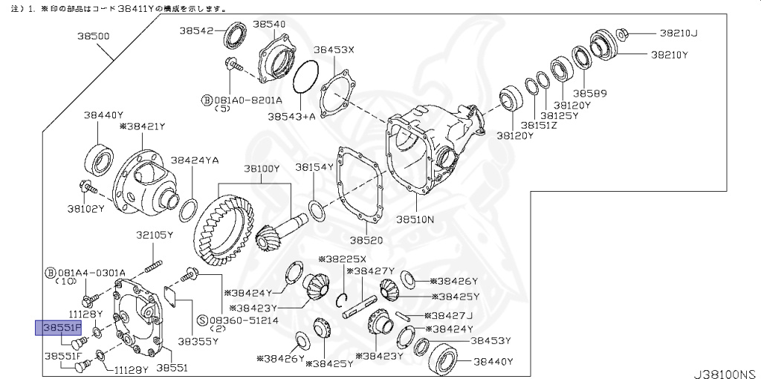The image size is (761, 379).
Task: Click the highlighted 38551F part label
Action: [x=60, y=328]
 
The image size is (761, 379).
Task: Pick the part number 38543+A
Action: [x=291, y=117]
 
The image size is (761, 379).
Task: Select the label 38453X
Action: [x=334, y=50]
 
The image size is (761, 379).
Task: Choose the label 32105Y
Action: [x=154, y=235]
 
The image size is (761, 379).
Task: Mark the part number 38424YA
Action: [x=195, y=159]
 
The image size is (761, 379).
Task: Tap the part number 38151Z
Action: [x=539, y=125]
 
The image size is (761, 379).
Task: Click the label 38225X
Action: [x=343, y=259]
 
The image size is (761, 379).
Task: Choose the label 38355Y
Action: [x=198, y=342]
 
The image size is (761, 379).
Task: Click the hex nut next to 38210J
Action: [x=624, y=33]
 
